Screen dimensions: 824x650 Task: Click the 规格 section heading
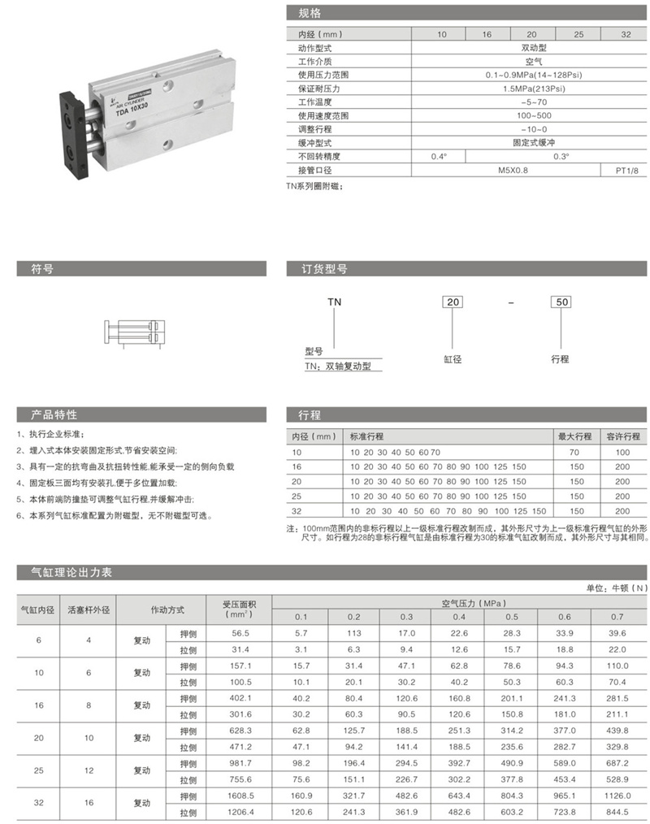310,14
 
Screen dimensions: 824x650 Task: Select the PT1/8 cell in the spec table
625,171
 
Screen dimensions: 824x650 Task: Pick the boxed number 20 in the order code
453,302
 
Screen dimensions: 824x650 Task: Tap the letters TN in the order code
334,302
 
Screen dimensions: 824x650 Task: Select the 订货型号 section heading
324,269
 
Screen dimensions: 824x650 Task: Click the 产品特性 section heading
54,415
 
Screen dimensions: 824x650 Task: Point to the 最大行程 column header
575,436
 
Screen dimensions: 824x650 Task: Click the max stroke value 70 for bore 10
575,451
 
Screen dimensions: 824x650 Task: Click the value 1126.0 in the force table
617,796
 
